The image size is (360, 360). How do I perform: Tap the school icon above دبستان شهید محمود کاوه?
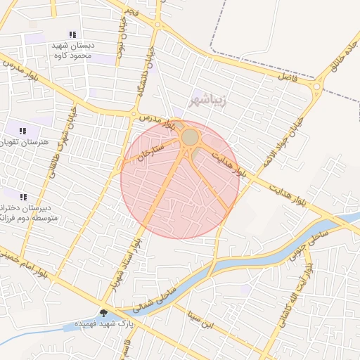tap(72, 34)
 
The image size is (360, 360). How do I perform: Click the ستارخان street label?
tap(151, 148)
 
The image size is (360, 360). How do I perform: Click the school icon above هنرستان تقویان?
tap(23, 131)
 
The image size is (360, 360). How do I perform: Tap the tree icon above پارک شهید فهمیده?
tap(104, 313)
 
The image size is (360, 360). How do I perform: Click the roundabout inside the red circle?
tap(190, 137)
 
